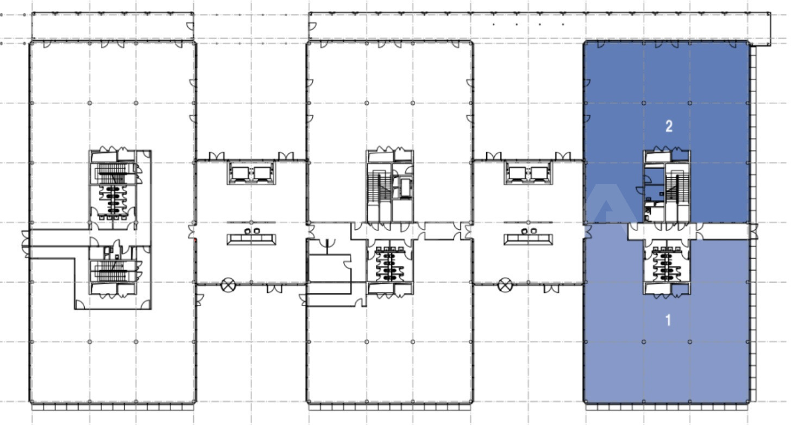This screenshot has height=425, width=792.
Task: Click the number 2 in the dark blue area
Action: pyautogui.click(x=669, y=126)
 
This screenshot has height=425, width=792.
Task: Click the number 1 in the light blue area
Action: pyautogui.click(x=668, y=320)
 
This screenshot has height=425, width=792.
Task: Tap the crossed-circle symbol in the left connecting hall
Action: pyautogui.click(x=228, y=285)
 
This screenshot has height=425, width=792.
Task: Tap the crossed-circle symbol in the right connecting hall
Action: pyautogui.click(x=505, y=285)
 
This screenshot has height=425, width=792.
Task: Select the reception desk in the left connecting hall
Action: pyautogui.click(x=252, y=239)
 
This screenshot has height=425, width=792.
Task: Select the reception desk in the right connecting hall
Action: pyautogui.click(x=528, y=239)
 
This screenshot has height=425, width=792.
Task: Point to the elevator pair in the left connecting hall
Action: pyautogui.click(x=252, y=173)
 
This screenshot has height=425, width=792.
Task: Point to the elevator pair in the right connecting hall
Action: pyautogui.click(x=528, y=173)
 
